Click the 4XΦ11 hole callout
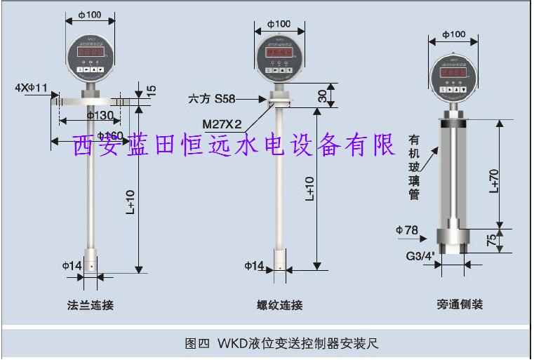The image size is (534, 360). (x=31, y=88)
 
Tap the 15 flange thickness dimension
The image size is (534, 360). (x=152, y=91)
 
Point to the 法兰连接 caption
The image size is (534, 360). (x=90, y=305)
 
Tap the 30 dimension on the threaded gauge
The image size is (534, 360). (x=323, y=95)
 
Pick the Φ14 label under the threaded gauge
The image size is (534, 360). (x=254, y=266)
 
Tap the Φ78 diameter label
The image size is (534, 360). (x=407, y=230)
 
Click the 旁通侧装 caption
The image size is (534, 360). (x=460, y=305)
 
